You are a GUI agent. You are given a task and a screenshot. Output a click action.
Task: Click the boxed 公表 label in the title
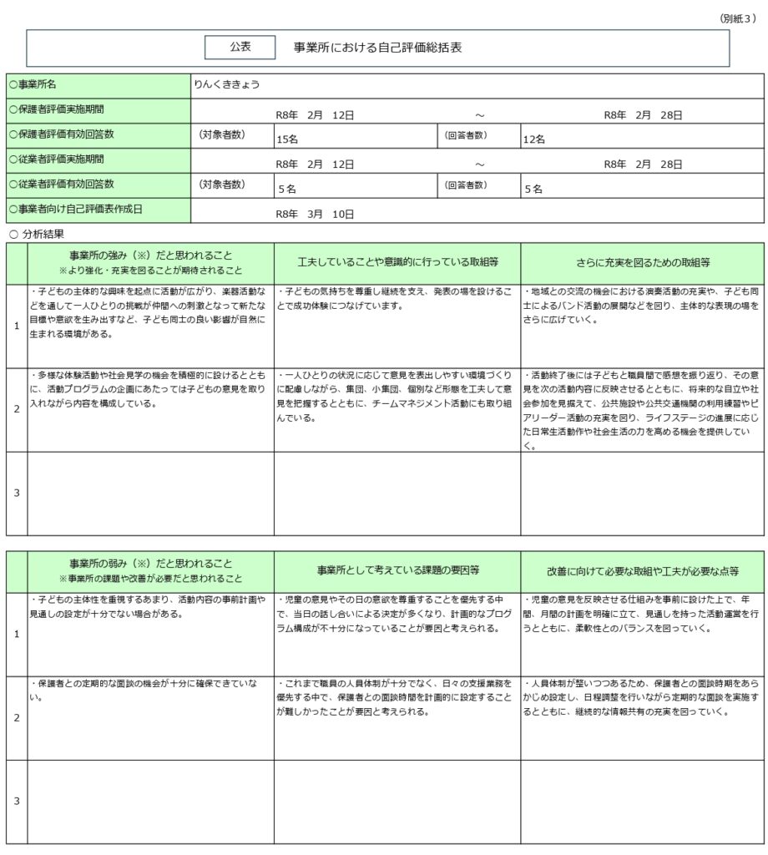(x=240, y=48)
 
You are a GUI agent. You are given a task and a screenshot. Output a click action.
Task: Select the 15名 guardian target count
(x=287, y=139)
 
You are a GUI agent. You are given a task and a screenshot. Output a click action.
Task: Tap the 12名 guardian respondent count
(x=534, y=139)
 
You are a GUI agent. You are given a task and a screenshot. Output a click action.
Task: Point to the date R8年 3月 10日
(x=316, y=214)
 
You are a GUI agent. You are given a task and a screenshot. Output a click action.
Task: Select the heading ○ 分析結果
(x=37, y=235)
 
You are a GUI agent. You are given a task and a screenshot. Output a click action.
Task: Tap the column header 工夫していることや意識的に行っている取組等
(x=397, y=262)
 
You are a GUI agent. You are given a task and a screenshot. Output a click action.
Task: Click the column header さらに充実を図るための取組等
(x=643, y=262)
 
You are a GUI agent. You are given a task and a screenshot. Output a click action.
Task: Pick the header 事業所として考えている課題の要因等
(x=397, y=570)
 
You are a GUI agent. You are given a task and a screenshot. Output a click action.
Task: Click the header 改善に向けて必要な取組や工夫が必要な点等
(x=643, y=570)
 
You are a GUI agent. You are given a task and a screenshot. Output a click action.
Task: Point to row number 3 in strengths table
(x=17, y=493)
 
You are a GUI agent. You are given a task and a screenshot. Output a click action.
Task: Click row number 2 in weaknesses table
(x=17, y=717)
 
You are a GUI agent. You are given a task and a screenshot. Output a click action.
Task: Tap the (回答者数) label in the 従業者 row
(x=466, y=184)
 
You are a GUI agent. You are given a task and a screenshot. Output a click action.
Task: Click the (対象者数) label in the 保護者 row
(x=221, y=134)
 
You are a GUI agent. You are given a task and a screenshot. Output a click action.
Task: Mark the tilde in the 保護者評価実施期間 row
(x=479, y=115)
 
